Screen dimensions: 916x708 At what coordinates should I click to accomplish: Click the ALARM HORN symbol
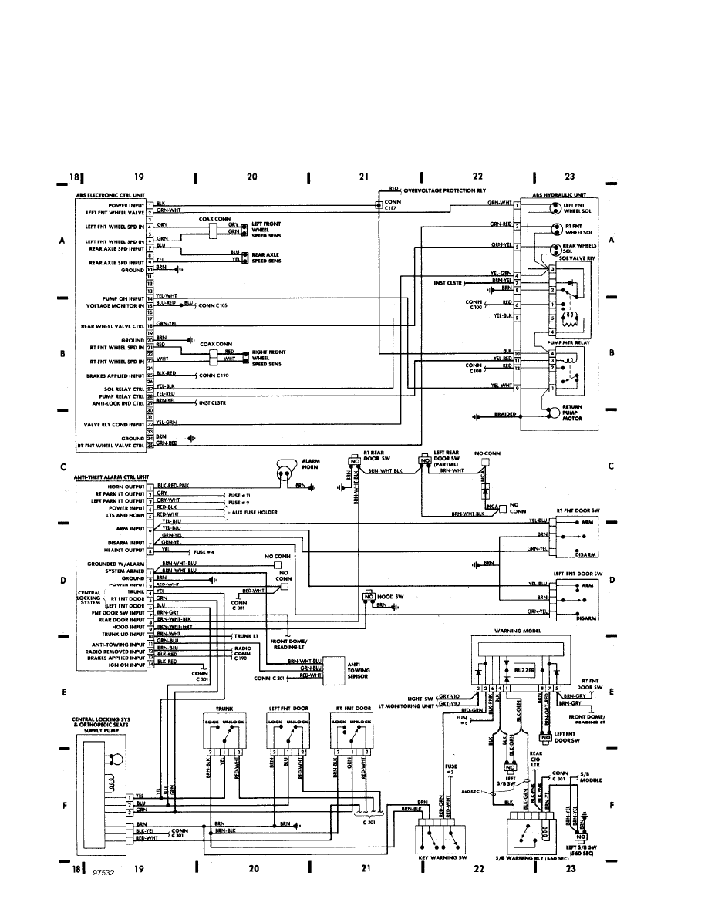tap(287, 471)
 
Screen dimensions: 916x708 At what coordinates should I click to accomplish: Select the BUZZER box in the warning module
tap(525, 671)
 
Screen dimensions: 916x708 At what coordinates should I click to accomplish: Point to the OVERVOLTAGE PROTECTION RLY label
tap(446, 188)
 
